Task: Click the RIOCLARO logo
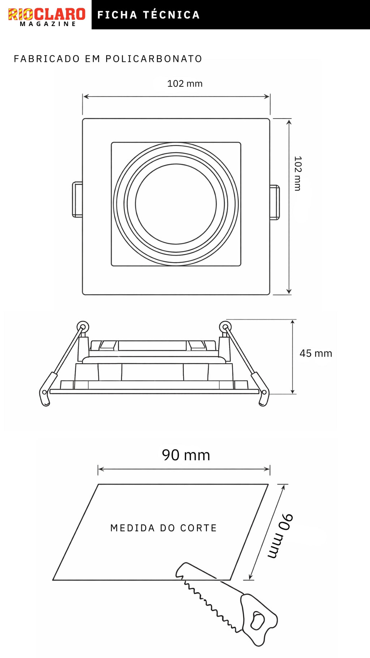pyautogui.click(x=47, y=14)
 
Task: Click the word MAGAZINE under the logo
pyautogui.click(x=48, y=24)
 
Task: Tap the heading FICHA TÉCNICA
pyautogui.click(x=149, y=15)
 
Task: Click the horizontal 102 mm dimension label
pyautogui.click(x=185, y=84)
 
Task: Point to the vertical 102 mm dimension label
pyautogui.click(x=297, y=174)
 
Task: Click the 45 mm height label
pyautogui.click(x=316, y=353)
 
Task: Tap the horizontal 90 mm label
pyautogui.click(x=186, y=455)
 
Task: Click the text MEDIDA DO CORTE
pyautogui.click(x=163, y=528)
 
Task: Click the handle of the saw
pyautogui.click(x=258, y=619)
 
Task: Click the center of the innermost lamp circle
pyautogui.click(x=176, y=204)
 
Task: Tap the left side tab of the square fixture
pyautogui.click(x=77, y=200)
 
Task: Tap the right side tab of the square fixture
pyautogui.click(x=275, y=202)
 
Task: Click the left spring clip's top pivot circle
pyautogui.click(x=83, y=327)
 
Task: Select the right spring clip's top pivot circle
pyautogui.click(x=225, y=327)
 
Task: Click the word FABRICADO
pyautogui.click(x=47, y=59)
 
